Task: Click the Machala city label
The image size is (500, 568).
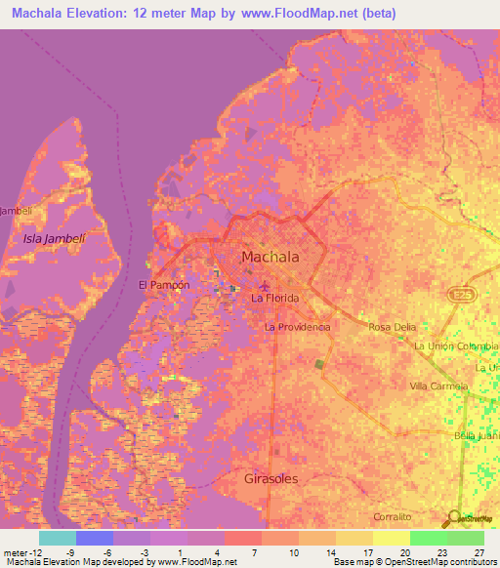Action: [270, 258]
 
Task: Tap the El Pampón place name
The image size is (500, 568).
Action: [162, 285]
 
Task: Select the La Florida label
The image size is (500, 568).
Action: [274, 298]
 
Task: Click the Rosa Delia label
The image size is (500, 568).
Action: [393, 327]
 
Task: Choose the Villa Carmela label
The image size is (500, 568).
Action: [438, 386]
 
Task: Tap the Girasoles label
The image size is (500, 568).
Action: [271, 479]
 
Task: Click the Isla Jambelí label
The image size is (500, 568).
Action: [47, 238]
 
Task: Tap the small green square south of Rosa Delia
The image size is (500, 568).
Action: [319, 364]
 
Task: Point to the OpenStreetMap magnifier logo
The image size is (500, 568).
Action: [453, 518]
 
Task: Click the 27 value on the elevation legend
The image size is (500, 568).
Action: [479, 551]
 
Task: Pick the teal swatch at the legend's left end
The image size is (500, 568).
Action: [58, 538]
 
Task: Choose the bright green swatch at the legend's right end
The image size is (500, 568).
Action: [465, 538]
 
